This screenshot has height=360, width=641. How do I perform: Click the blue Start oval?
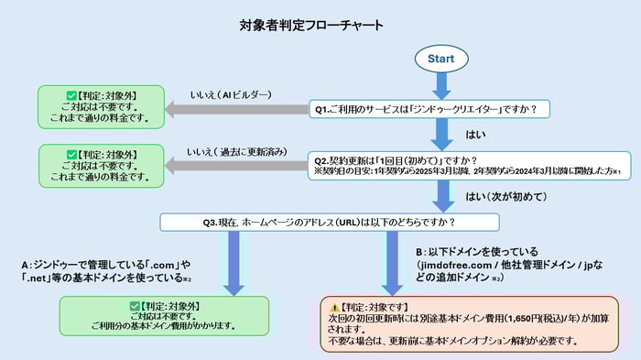(x=440, y=58)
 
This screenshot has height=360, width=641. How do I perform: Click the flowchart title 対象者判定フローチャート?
(x=319, y=25)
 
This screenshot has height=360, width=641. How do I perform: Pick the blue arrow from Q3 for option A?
(x=234, y=264)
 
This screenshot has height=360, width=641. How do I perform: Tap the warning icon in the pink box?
(x=334, y=305)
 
